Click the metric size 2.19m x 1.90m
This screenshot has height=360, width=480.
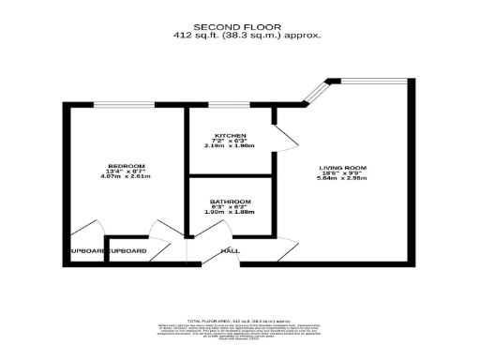point(229,146)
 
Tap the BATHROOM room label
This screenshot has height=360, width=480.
point(230,202)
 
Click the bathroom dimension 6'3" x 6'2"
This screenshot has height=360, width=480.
point(229,207)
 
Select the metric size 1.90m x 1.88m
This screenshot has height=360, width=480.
point(229,214)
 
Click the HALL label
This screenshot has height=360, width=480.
point(230,251)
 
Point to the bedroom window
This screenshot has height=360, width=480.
point(125,104)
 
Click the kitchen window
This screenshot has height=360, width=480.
point(230,104)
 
